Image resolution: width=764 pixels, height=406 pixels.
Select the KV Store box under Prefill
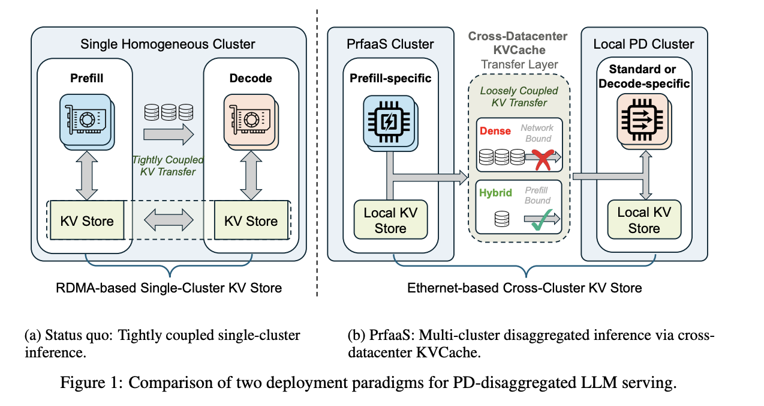[87, 220]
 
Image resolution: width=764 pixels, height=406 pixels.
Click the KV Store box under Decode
[251, 220]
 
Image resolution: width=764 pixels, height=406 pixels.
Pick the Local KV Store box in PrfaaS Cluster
[391, 220]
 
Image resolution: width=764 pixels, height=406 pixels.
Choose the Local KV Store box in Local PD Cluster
[644, 220]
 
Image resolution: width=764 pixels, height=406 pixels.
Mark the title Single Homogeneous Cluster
[167, 44]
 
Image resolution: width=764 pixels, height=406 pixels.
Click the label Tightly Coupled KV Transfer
[168, 166]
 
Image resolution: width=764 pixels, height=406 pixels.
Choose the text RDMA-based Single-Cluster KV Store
[169, 288]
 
